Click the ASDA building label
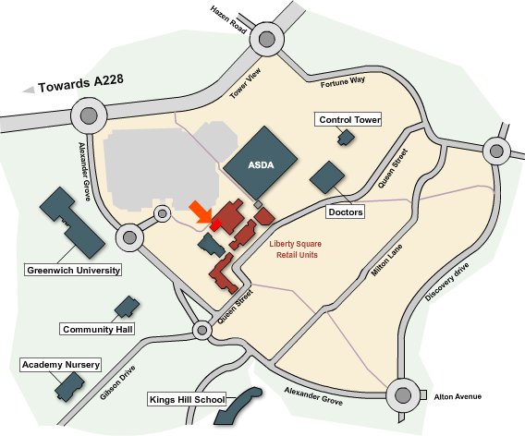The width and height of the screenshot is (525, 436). [261, 165]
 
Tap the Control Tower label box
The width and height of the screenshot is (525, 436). [348, 119]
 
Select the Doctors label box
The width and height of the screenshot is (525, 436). [345, 212]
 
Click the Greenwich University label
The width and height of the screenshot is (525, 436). [73, 270]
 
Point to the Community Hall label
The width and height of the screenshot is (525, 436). [97, 329]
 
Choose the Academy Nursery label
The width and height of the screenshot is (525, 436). [61, 364]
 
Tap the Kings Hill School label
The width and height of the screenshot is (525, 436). [187, 400]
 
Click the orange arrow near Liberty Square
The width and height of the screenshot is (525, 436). [201, 212]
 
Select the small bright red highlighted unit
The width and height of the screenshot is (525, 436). [215, 224]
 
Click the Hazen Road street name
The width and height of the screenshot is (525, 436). [228, 19]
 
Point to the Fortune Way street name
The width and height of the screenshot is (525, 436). [343, 81]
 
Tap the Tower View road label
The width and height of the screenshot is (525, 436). [246, 83]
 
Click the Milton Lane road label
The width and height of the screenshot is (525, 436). [387, 260]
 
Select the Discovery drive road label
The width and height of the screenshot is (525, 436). [447, 282]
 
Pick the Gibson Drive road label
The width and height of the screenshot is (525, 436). [117, 382]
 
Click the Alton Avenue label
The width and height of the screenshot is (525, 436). [458, 396]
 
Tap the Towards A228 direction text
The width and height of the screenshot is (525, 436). [80, 82]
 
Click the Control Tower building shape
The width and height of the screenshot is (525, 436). [346, 138]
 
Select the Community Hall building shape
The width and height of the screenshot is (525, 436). [128, 307]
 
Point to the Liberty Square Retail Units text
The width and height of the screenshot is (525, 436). [296, 249]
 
